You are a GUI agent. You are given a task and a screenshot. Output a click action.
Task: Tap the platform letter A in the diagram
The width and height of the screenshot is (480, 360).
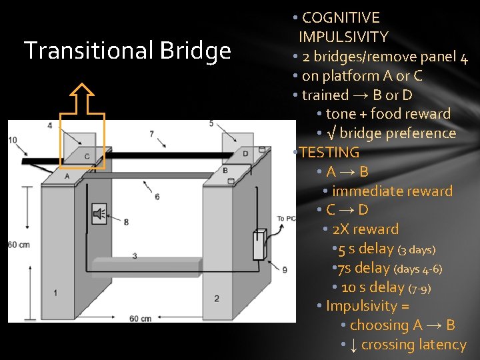tap(67, 175)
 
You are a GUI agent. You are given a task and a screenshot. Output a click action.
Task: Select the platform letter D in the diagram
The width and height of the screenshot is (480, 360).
tap(245, 153)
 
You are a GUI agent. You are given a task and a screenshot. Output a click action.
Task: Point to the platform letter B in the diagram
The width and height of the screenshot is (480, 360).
tap(225, 171)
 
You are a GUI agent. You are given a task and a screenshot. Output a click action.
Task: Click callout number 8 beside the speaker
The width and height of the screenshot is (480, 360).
tap(126, 221)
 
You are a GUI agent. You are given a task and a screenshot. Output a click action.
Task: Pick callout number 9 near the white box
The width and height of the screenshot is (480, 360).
tap(285, 269)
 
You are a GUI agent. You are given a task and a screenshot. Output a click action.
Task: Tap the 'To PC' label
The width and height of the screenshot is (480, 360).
tap(287, 219)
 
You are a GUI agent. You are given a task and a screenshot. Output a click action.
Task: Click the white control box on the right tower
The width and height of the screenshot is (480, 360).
tap(259, 245)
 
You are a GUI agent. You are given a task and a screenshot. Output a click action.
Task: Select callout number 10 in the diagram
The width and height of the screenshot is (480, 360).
tap(13, 139)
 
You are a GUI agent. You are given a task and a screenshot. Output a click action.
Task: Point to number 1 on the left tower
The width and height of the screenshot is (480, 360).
tap(55, 292)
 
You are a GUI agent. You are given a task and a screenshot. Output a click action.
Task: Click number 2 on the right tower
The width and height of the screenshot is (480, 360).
tap(217, 298)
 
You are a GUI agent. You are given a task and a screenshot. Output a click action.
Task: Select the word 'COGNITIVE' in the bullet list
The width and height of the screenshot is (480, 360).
tap(341, 18)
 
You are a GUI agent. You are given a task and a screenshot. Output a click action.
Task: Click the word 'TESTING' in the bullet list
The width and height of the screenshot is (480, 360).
tap(329, 153)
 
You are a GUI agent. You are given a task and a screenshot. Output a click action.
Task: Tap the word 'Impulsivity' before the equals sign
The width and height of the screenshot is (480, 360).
tap(367, 306)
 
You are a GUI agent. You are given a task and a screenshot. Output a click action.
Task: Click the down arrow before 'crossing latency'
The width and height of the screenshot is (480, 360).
tap(353, 345)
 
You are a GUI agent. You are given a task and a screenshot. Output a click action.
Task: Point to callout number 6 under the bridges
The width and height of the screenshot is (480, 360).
tap(157, 197)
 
